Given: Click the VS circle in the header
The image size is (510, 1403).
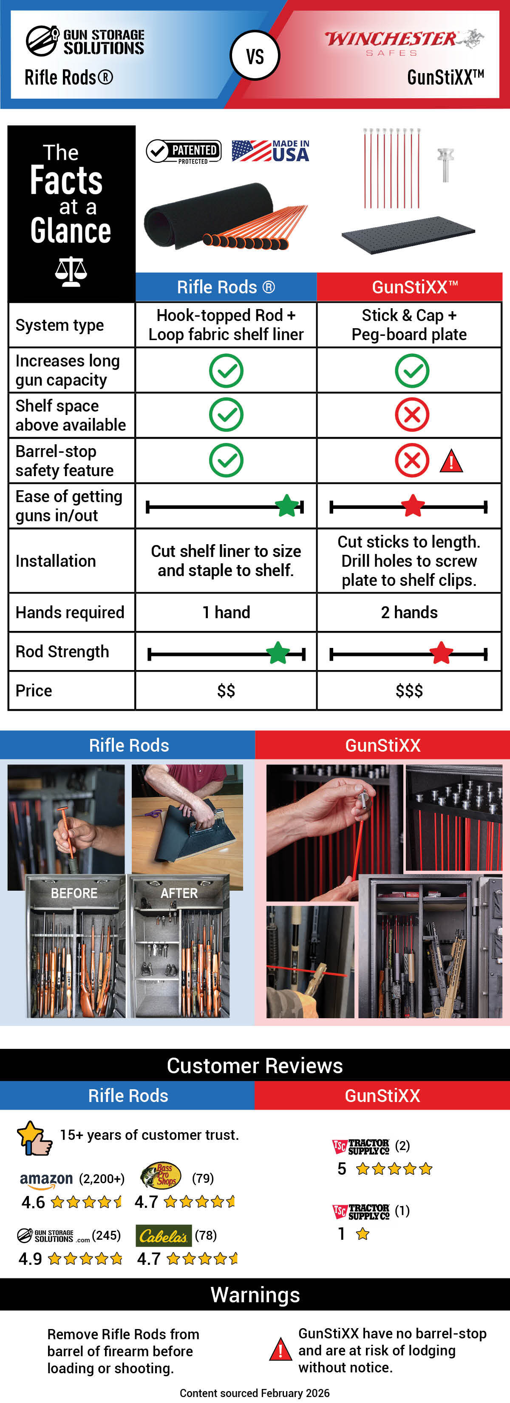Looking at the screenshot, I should [x=255, y=56].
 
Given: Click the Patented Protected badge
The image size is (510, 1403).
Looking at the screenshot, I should [x=184, y=151].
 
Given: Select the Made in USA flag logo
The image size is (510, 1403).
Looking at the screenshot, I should [x=270, y=151].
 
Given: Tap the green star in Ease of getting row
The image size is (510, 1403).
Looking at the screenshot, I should [x=287, y=506].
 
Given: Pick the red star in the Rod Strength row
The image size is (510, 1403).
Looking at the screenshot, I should [x=441, y=653].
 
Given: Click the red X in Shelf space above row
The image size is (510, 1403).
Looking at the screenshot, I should [x=411, y=415].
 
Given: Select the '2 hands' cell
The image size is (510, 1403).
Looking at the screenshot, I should [x=409, y=612].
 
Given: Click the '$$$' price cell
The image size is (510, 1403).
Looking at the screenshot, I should [x=409, y=690].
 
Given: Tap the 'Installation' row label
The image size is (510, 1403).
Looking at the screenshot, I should [x=56, y=561].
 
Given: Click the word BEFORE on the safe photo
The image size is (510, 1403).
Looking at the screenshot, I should [x=74, y=893].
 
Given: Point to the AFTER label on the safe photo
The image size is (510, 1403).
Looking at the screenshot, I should [x=179, y=893].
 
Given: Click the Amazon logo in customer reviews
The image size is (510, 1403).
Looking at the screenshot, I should [x=46, y=1179].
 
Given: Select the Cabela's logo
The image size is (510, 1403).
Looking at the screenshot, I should [x=163, y=1236].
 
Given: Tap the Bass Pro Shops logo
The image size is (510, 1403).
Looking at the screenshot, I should [x=161, y=1176].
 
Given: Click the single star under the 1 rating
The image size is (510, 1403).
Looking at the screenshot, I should [x=363, y=1234].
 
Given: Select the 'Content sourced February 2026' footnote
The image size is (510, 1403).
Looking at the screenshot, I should [x=254, y=1393].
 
